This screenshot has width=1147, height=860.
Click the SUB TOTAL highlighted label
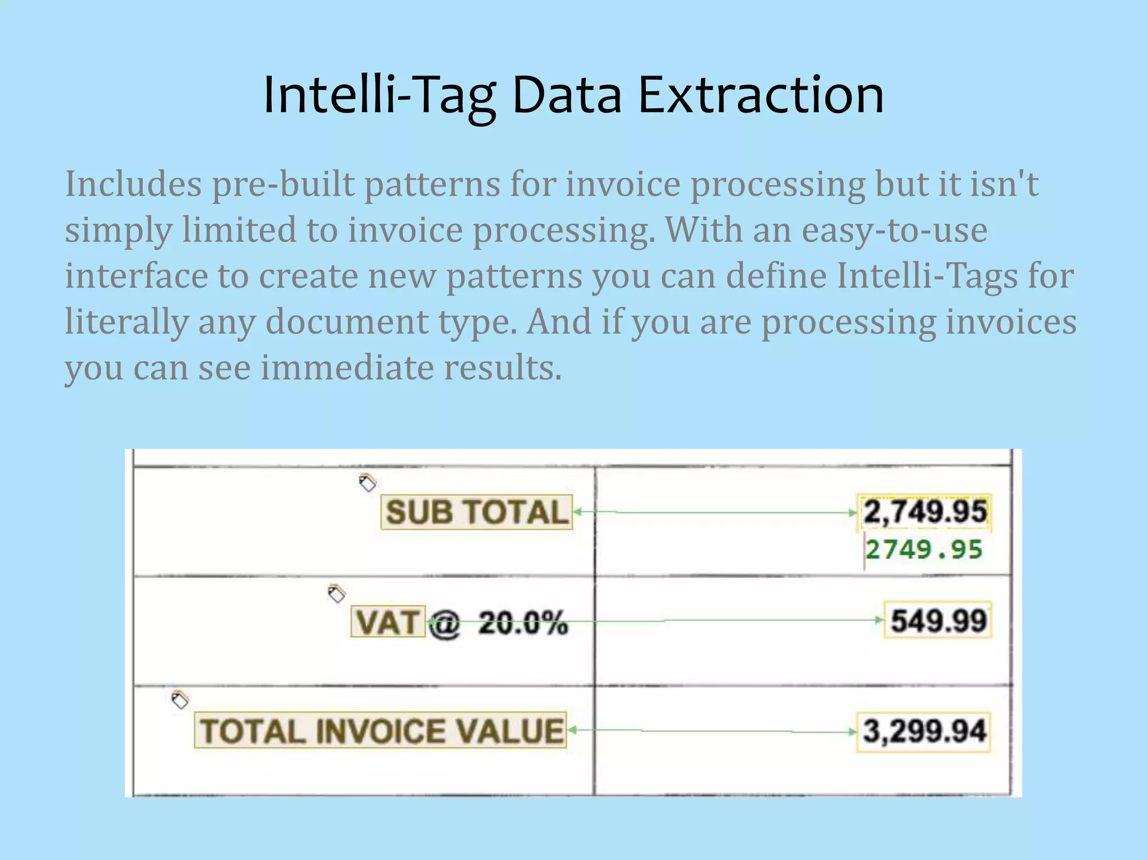point(477,512)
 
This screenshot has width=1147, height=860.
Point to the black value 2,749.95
point(924,512)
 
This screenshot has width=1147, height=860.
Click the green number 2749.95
point(924,550)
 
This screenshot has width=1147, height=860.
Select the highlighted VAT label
point(388,621)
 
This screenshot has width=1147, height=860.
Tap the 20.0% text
point(523,623)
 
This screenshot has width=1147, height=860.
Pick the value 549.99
point(938,620)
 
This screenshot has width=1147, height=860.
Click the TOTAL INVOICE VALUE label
point(381,731)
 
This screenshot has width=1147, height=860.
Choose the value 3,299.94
point(924,731)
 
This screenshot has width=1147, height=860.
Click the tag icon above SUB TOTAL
point(367,483)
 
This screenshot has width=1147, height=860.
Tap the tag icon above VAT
point(336,593)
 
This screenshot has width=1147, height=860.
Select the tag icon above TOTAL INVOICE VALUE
point(179,699)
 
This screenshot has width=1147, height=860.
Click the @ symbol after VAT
point(445,623)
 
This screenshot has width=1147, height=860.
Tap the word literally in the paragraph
point(127,322)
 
